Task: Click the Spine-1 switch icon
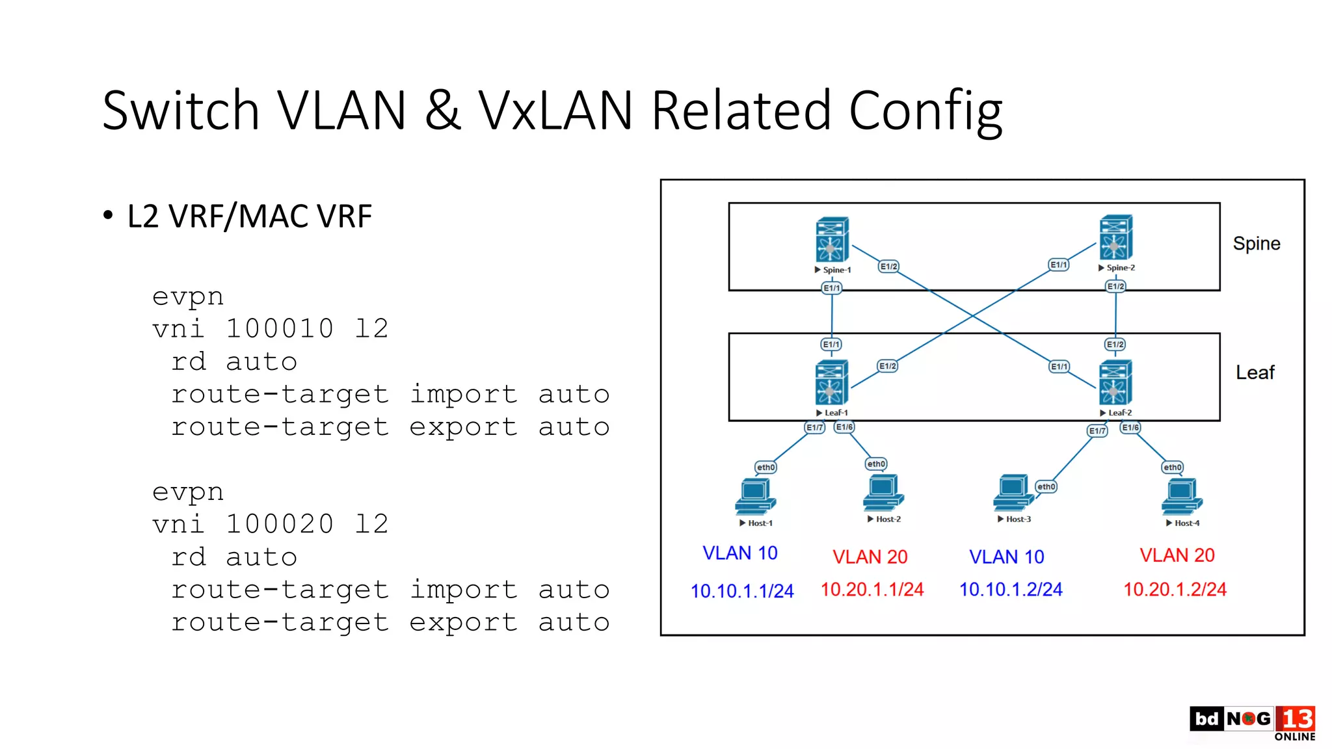coord(832,239)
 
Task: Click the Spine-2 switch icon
coord(1115,237)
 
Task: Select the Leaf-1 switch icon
coord(831,382)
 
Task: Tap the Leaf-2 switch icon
coord(1115,382)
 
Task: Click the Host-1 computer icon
coord(754,497)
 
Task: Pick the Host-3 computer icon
coord(1013,493)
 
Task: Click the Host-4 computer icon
coord(1181,497)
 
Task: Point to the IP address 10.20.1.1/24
coord(872,589)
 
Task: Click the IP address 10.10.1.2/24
coord(1010,589)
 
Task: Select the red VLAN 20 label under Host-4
coord(1177,555)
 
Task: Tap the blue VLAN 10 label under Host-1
coord(739,553)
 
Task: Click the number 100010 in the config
coord(280,328)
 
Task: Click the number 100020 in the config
coord(280,524)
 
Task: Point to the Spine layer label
coord(1256,244)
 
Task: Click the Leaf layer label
coord(1255,373)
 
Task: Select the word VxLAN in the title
coord(555,111)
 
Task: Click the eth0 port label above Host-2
coord(876,464)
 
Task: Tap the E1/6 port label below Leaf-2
coord(1130,427)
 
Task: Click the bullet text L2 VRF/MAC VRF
coord(249,217)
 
